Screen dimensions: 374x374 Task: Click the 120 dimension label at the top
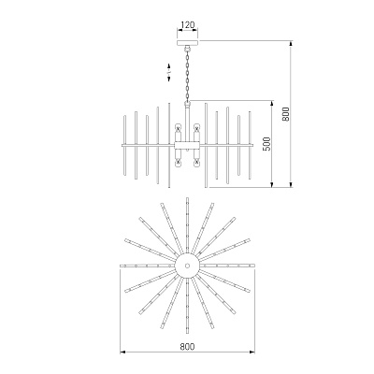tap(188, 24)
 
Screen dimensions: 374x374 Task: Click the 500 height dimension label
tap(267, 144)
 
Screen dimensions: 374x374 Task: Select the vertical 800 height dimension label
tap(286, 114)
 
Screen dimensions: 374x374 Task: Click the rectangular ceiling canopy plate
tap(188, 43)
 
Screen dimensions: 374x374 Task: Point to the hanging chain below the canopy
tap(188, 75)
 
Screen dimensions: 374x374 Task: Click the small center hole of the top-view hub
tap(187, 266)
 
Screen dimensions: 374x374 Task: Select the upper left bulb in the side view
tap(179, 127)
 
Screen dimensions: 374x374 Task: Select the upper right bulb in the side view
tap(196, 127)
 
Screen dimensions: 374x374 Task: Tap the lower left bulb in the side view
tap(179, 163)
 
